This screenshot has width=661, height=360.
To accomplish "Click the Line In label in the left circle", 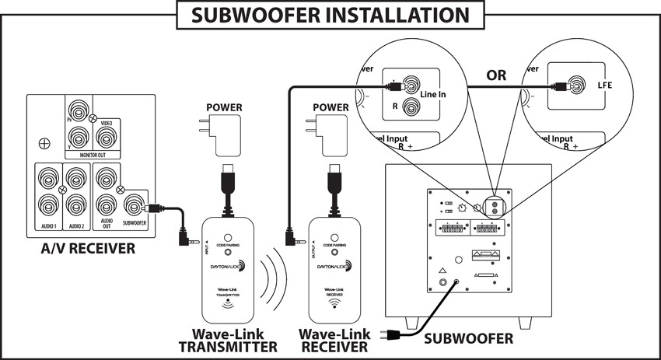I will (439, 94).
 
